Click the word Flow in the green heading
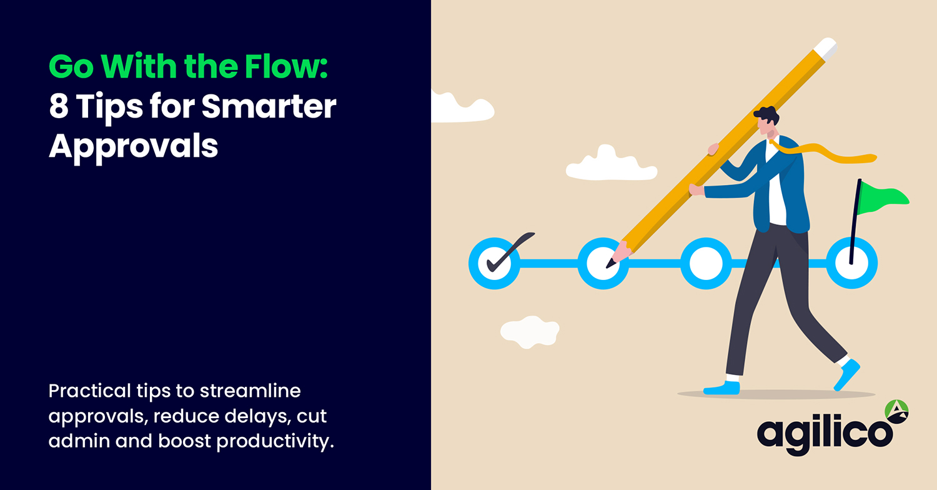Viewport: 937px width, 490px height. click(x=287, y=67)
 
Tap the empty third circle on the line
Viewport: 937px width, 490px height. click(x=705, y=263)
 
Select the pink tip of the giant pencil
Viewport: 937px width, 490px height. click(x=619, y=253)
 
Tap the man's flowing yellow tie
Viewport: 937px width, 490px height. click(x=825, y=154)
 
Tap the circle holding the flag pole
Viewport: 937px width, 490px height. click(x=851, y=263)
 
